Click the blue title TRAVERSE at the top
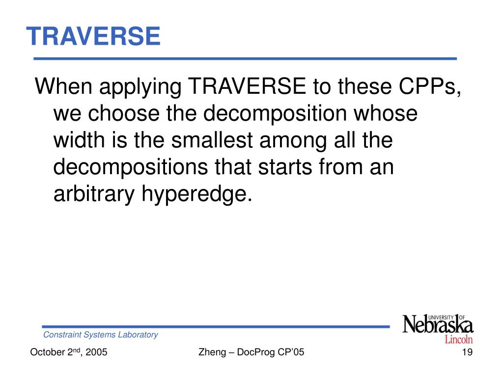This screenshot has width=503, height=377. (x=93, y=36)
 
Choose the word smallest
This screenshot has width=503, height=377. (x=213, y=141)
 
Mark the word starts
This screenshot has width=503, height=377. (x=282, y=168)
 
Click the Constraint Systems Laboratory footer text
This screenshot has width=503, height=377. (x=101, y=335)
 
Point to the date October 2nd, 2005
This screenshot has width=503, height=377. (x=69, y=352)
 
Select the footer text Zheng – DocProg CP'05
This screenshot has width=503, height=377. (x=251, y=352)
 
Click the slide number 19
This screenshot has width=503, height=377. (x=467, y=352)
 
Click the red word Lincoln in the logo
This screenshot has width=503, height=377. (x=459, y=339)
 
